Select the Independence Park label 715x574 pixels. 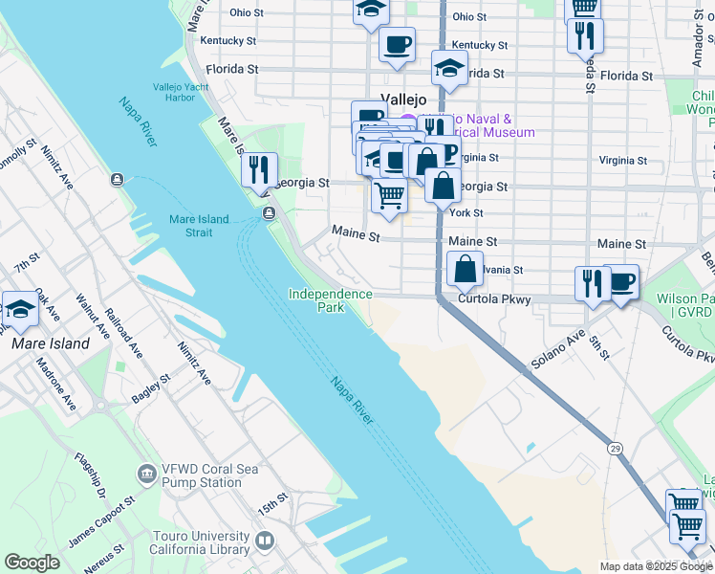pos(330,300)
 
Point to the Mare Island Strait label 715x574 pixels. pos(199,226)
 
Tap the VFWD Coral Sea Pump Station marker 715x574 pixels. pos(146,474)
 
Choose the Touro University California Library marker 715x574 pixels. pos(265,541)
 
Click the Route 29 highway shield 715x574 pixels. pos(615,447)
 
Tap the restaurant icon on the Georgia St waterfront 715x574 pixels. pos(259,171)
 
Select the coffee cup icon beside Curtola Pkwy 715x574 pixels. pos(620,283)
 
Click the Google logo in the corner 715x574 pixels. pos(32,563)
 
